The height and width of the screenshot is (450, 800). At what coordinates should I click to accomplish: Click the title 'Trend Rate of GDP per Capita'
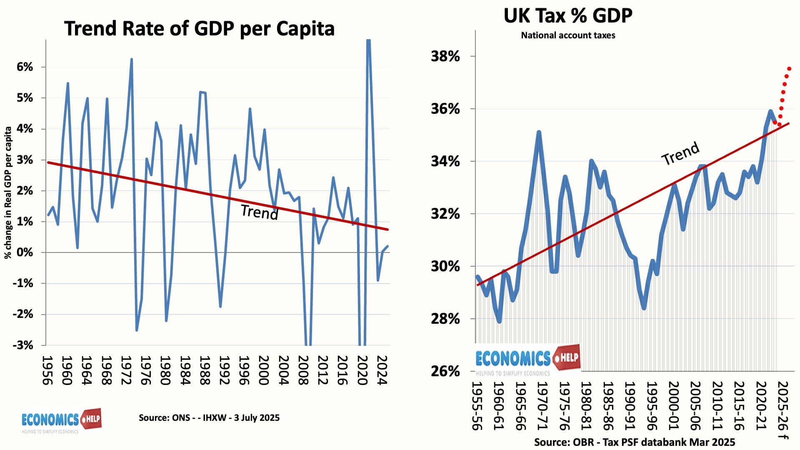(199, 29)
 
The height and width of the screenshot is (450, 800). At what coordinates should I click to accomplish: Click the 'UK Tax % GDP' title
(567, 15)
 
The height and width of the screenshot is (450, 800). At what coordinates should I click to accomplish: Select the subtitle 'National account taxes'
(568, 35)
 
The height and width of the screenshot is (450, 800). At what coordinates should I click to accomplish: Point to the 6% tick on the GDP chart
(25, 67)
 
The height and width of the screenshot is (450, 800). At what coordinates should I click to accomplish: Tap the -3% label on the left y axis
(23, 345)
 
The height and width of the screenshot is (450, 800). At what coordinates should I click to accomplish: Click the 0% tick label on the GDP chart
(25, 252)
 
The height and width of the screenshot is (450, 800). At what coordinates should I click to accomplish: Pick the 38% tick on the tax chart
(445, 56)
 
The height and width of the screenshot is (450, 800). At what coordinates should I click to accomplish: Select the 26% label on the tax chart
(445, 371)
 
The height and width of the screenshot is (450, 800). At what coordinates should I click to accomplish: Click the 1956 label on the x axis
(47, 370)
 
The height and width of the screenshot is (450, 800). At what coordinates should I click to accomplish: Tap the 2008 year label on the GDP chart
(303, 370)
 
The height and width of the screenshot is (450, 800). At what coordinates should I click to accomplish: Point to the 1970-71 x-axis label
(542, 405)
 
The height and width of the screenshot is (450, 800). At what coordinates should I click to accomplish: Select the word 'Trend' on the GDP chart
(259, 212)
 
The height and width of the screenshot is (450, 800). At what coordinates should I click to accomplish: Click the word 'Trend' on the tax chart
(680, 153)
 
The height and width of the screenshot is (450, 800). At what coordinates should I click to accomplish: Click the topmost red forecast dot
(789, 69)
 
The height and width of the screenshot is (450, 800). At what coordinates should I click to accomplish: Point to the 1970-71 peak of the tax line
(539, 132)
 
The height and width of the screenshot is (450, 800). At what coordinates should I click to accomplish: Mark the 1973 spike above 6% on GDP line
(132, 60)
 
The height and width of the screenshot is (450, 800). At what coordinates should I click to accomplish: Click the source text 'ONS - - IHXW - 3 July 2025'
(209, 418)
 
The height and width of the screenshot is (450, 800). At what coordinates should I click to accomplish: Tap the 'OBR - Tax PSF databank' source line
(634, 442)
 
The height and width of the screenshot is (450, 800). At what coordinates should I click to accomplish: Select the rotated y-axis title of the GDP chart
(8, 193)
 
